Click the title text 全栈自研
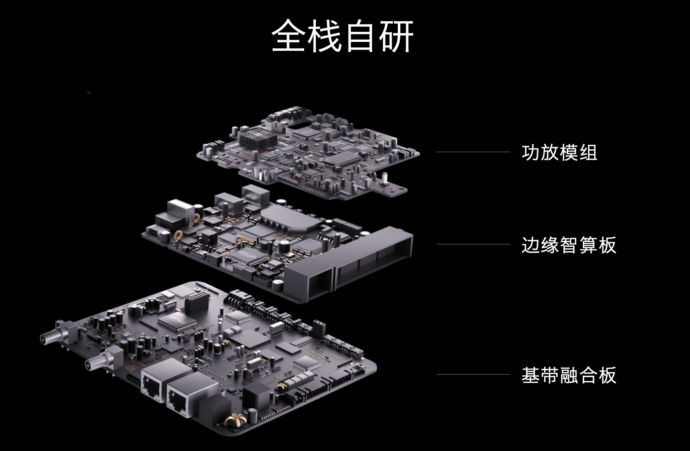click(x=343, y=36)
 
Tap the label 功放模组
click(x=559, y=152)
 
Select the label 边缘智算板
click(x=569, y=245)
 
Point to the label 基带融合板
click(x=569, y=375)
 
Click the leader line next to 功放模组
click(x=473, y=152)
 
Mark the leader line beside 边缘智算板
click(x=473, y=244)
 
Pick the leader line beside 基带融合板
click(x=473, y=374)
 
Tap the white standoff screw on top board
click(x=385, y=177)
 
